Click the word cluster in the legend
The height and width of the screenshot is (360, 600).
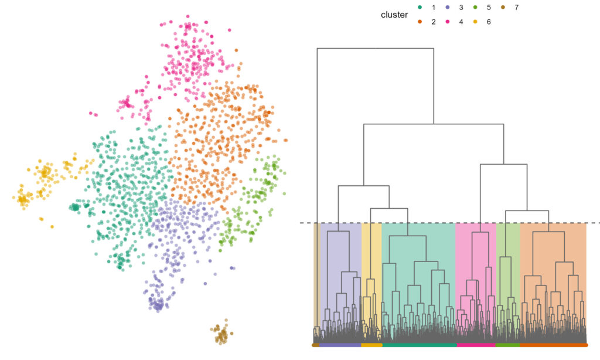click(394, 15)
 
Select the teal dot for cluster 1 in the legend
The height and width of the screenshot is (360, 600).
click(420, 8)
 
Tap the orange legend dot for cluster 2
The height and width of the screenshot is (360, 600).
click(420, 22)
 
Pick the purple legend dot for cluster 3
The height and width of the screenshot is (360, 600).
click(448, 8)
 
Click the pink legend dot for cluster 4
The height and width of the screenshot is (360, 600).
click(448, 22)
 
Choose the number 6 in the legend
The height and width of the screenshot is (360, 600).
click(488, 22)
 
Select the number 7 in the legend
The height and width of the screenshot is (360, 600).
click(516, 8)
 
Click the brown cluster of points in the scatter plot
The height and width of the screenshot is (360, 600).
click(221, 335)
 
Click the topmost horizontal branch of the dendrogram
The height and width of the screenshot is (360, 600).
click(375, 48)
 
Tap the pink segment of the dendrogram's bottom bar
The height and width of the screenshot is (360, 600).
click(476, 345)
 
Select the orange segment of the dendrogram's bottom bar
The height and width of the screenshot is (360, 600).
click(553, 345)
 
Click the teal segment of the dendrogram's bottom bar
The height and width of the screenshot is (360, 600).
click(418, 345)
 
